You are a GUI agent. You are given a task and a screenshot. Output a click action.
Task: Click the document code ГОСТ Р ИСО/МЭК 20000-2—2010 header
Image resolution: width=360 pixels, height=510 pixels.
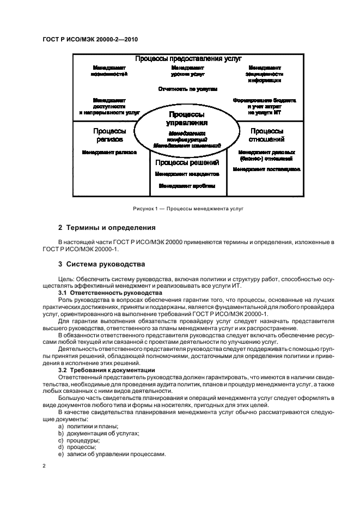pos(82,40)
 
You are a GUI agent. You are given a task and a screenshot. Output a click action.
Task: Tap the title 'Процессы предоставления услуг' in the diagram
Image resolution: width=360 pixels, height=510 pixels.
pos(188,58)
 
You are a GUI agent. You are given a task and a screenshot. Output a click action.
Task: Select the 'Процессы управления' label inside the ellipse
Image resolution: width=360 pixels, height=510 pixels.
pos(187,119)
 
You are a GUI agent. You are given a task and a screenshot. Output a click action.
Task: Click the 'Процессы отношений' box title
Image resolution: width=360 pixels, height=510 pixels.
pos(266,135)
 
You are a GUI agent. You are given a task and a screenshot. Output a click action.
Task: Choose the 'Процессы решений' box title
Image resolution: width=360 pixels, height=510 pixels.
pos(187,162)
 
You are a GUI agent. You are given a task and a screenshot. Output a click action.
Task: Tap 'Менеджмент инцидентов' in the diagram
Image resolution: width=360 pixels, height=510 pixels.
pos(187,174)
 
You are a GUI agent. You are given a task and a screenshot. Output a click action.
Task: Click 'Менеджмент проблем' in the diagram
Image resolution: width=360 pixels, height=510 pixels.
pos(187,186)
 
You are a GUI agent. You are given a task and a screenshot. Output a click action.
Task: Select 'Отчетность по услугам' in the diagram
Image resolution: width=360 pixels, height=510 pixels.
pos(188,88)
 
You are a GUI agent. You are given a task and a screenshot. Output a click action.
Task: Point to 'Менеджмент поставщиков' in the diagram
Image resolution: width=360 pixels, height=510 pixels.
pos(266,169)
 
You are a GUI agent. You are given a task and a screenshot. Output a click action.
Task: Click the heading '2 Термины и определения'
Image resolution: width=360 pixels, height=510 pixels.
pos(107,227)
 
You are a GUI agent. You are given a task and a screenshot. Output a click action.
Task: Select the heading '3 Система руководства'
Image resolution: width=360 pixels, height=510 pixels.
pos(102,264)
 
